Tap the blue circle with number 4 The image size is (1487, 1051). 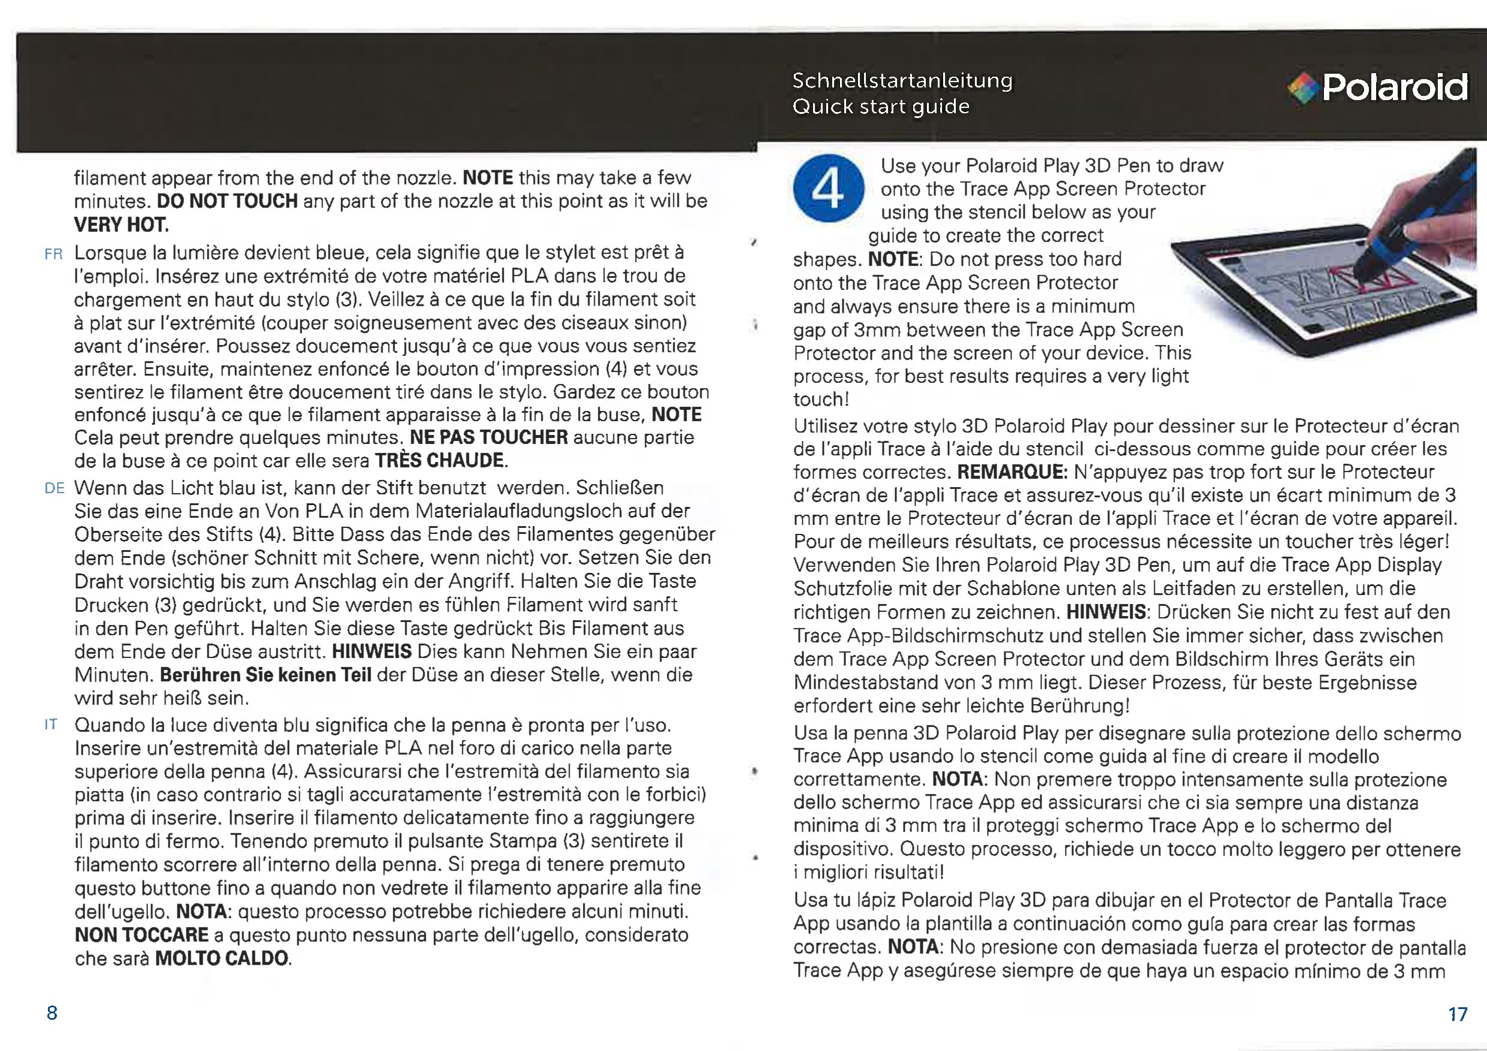pos(828,188)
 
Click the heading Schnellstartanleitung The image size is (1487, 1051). pos(902,81)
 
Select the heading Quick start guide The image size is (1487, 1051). pos(881,107)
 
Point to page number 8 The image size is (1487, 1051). pos(52,1013)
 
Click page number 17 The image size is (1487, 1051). pos(1458,1014)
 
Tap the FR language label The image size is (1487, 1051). pos(54,254)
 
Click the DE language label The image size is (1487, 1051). pos(55,488)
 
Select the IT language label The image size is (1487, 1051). pos(51,725)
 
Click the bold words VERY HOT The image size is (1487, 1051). pos(121,225)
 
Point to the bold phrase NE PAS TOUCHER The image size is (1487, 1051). pos(489,437)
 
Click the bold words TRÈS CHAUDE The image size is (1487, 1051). pos(440,461)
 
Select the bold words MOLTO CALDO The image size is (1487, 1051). pos(222,959)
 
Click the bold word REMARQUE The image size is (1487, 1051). pos(1012,472)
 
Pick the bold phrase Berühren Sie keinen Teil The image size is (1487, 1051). pos(266,675)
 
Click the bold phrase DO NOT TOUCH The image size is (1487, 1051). pos(227,201)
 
